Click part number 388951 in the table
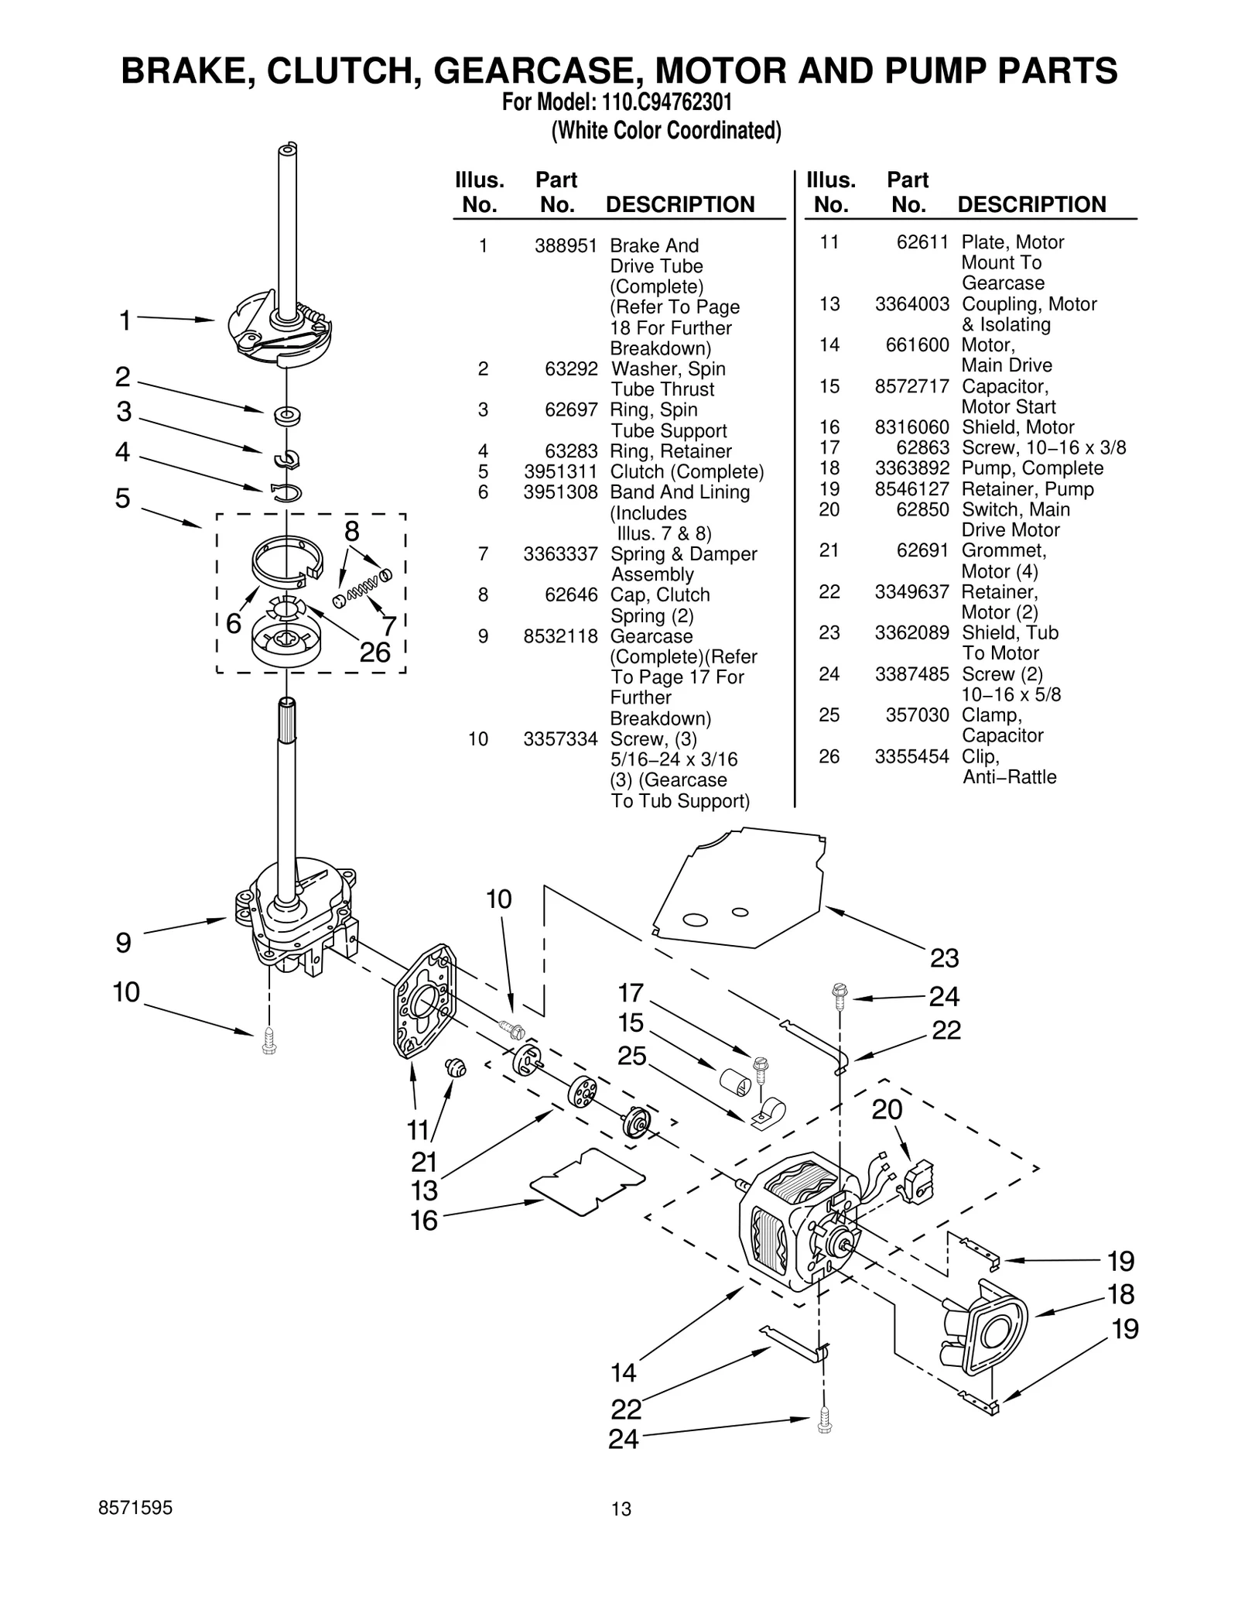coord(565,246)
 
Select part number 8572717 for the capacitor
coord(911,385)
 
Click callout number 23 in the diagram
coord(944,958)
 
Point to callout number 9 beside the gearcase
coord(123,942)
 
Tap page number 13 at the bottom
coord(621,1509)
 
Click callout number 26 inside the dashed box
coord(374,652)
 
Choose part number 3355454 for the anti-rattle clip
coord(911,756)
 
